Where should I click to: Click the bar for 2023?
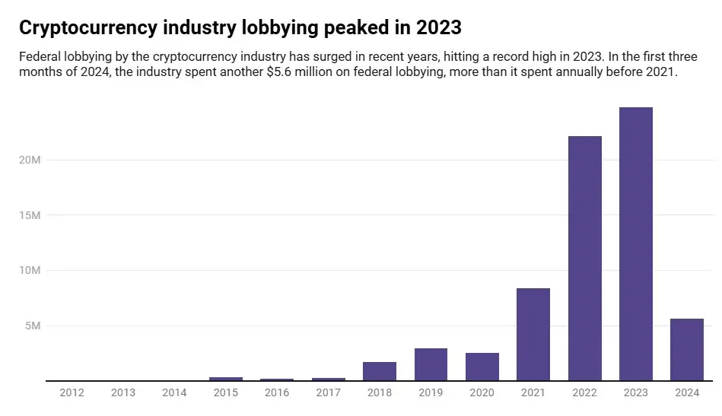pyautogui.click(x=635, y=243)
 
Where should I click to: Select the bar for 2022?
pyautogui.click(x=584, y=259)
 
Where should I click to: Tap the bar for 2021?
pyautogui.click(x=533, y=335)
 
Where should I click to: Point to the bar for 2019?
pyautogui.click(x=431, y=364)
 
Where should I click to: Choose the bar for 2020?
pyautogui.click(x=482, y=367)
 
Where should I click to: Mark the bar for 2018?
pyautogui.click(x=379, y=371)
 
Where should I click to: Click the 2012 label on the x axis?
pyautogui.click(x=72, y=393)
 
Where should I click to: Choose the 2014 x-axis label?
pyautogui.click(x=174, y=393)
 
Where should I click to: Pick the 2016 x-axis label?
pyautogui.click(x=277, y=393)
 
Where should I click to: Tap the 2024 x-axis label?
pyautogui.click(x=686, y=393)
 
